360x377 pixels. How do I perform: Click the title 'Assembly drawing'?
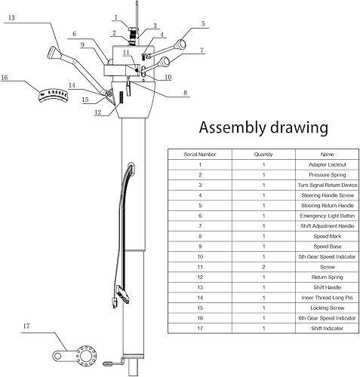click(260, 126)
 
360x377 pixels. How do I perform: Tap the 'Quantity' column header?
click(264, 153)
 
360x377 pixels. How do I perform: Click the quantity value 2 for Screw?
click(264, 267)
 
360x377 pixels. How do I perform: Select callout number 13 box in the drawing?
click(11, 17)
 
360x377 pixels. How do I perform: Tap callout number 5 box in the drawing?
click(202, 24)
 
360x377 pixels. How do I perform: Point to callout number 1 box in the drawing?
click(115, 16)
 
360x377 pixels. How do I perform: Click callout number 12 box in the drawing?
click(97, 112)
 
